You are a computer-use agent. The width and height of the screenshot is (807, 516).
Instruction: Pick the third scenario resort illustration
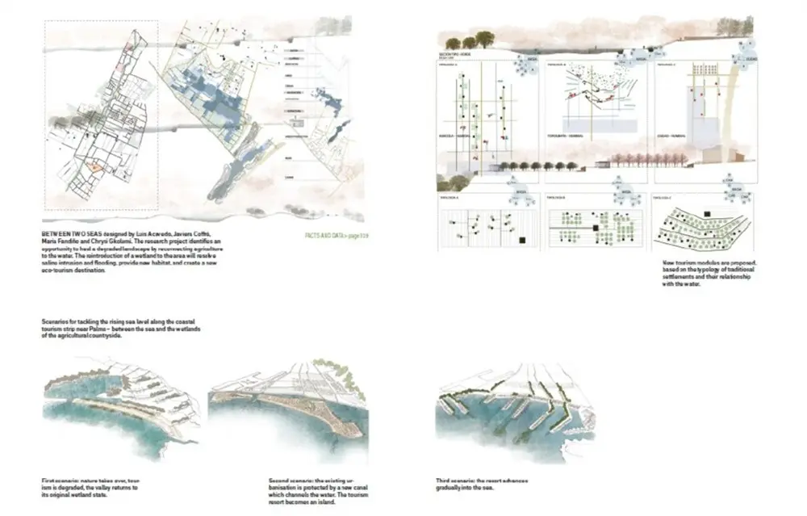516,408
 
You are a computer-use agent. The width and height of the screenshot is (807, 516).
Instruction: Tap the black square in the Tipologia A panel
524,241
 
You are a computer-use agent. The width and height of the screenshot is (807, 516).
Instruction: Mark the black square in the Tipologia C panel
707,214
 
